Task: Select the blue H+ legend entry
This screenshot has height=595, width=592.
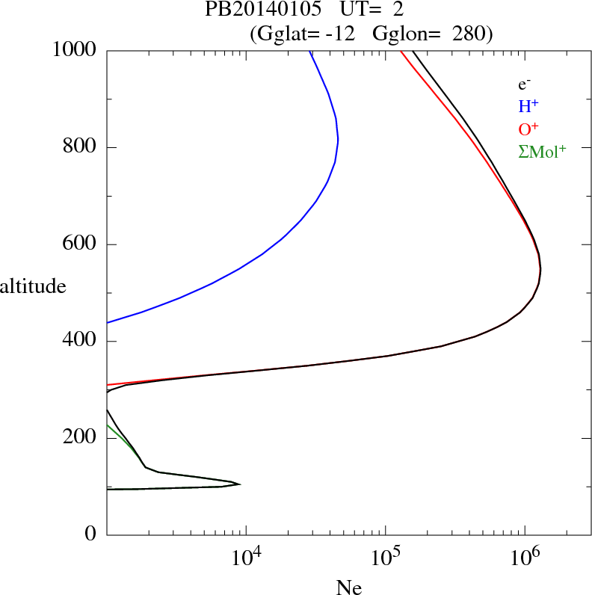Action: click(528, 107)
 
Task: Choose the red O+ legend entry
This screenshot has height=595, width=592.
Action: click(528, 129)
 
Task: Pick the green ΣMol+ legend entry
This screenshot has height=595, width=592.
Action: click(542, 152)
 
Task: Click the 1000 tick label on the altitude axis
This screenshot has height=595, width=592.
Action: click(75, 50)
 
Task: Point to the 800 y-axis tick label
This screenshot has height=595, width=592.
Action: click(81, 147)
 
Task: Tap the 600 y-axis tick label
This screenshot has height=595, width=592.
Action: click(81, 244)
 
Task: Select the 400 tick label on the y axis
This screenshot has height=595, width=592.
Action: click(81, 342)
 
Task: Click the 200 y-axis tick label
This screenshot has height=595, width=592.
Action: click(81, 438)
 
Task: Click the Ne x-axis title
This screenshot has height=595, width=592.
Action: click(349, 588)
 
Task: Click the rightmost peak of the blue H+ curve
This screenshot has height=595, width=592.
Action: click(339, 140)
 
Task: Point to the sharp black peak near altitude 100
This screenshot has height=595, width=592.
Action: click(239, 484)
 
